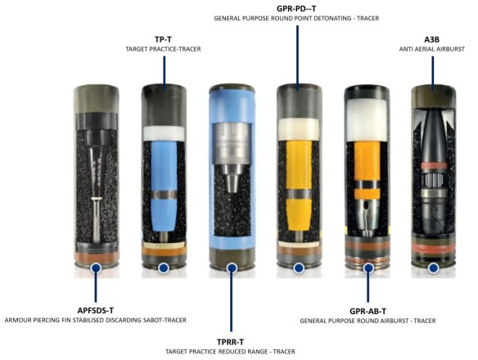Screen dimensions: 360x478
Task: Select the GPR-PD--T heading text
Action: coord(296,7)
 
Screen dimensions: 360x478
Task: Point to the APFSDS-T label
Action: coord(97,308)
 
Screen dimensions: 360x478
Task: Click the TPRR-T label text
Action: coord(231,340)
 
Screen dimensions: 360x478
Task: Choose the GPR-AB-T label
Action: coord(368,311)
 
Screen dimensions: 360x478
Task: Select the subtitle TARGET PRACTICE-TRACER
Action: coord(165,48)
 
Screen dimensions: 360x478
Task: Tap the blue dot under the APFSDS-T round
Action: coord(97,268)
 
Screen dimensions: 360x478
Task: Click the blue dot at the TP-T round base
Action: coord(164,268)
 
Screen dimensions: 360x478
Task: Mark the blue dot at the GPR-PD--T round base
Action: coord(298,268)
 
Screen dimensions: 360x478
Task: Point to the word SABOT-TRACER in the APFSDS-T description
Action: coord(160,320)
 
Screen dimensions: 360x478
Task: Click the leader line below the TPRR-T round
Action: coord(231,303)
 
